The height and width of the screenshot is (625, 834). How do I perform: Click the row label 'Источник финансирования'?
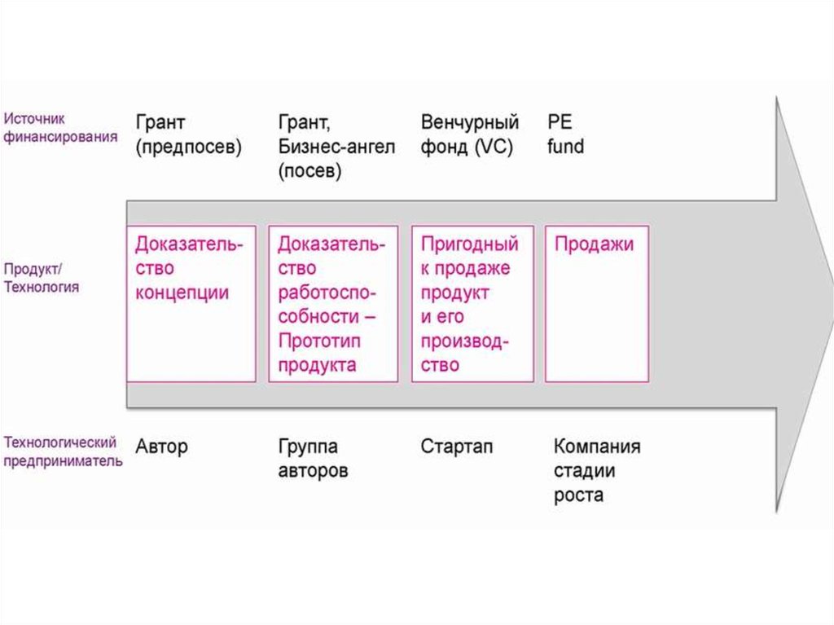click(x=60, y=128)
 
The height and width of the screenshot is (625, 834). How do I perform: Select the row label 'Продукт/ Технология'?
click(x=41, y=278)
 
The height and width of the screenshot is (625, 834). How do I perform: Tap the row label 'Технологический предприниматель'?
click(x=63, y=451)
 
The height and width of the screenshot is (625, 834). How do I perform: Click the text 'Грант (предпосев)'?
click(x=188, y=134)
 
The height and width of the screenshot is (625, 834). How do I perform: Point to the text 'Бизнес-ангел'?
click(x=336, y=147)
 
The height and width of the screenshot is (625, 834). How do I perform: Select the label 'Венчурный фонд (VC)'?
click(x=470, y=134)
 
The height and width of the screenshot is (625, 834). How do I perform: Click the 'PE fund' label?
click(x=565, y=134)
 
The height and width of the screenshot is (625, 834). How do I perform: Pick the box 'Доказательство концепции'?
click(x=191, y=303)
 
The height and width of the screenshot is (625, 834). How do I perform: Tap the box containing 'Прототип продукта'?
click(x=333, y=303)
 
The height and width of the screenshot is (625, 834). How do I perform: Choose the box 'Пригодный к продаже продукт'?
click(x=472, y=303)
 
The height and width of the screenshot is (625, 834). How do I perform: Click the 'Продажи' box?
click(x=597, y=303)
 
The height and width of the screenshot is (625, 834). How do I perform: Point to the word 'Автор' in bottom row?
click(x=162, y=446)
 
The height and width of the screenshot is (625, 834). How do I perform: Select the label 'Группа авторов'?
click(x=314, y=458)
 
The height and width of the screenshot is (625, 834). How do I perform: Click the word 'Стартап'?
click(x=456, y=446)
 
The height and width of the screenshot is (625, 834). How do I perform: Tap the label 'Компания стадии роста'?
click(x=597, y=470)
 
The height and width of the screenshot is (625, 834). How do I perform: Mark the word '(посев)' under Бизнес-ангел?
click(x=309, y=171)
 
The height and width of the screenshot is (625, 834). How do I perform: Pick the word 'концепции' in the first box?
click(x=182, y=293)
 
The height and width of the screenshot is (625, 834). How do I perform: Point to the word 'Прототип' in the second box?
click(x=319, y=341)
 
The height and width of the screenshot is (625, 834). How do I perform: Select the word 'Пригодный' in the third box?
click(x=469, y=244)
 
